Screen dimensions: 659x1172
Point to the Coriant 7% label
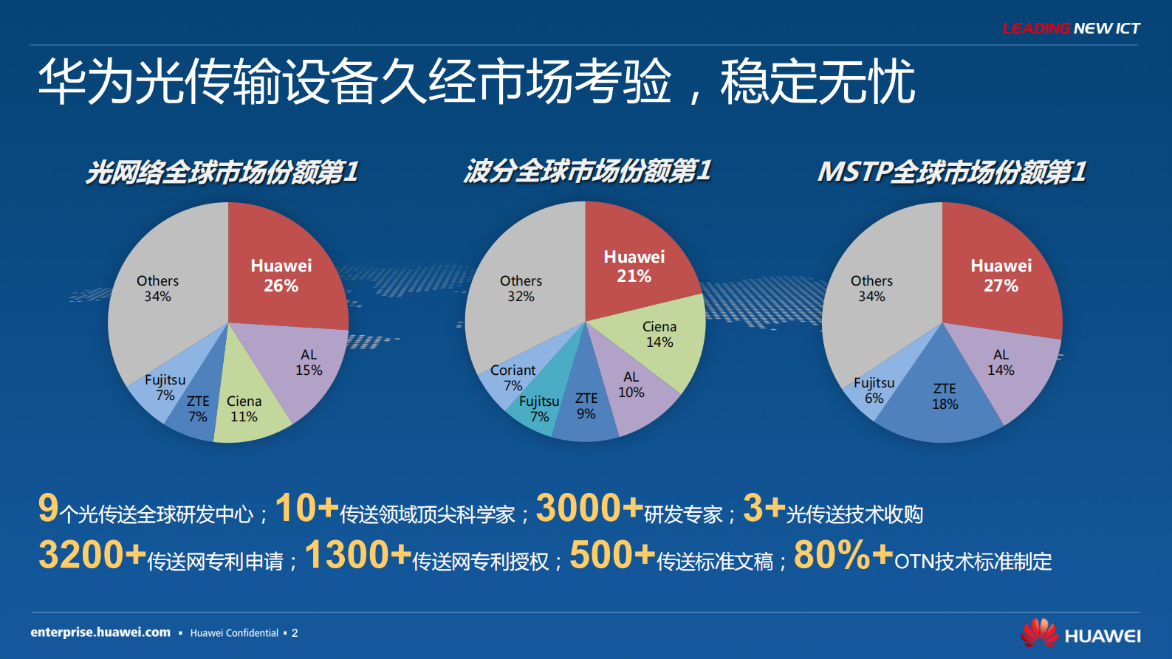click(x=513, y=377)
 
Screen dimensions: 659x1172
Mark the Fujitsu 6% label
click(x=874, y=390)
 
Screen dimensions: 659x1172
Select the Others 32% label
click(x=521, y=289)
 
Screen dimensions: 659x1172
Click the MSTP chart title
click(x=951, y=172)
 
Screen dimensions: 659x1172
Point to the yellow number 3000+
click(x=589, y=508)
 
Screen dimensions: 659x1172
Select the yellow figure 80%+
click(x=843, y=555)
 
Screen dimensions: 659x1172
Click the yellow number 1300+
click(x=357, y=555)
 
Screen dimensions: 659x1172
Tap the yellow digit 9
click(x=48, y=508)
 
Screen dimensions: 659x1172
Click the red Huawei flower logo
click(x=1039, y=633)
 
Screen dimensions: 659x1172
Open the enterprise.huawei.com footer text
click(x=100, y=632)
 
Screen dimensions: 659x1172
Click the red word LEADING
click(x=1035, y=29)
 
